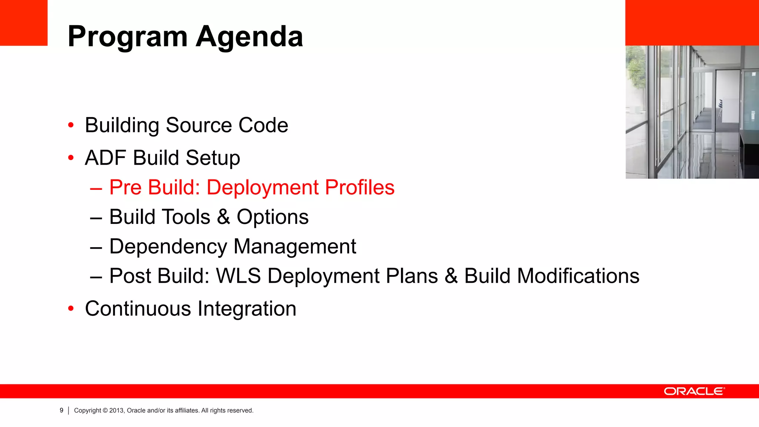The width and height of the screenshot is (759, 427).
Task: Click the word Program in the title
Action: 128,37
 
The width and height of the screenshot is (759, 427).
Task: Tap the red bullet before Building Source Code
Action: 71,125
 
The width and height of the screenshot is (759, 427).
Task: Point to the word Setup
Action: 213,158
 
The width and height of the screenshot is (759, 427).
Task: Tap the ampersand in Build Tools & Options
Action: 223,217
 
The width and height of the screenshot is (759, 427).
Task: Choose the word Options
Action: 272,217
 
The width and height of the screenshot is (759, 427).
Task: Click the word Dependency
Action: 168,247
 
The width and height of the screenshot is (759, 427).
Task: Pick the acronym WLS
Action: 238,276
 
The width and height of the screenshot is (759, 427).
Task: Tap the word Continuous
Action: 137,309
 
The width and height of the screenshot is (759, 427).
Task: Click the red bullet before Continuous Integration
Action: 71,308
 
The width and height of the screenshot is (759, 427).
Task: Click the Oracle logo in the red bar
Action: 694,391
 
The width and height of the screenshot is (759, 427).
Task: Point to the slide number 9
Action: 62,410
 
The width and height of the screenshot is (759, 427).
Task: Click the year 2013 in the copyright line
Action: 116,410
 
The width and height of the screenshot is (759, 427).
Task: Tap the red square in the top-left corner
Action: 24,23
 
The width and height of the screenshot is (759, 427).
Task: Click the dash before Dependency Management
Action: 96,247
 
